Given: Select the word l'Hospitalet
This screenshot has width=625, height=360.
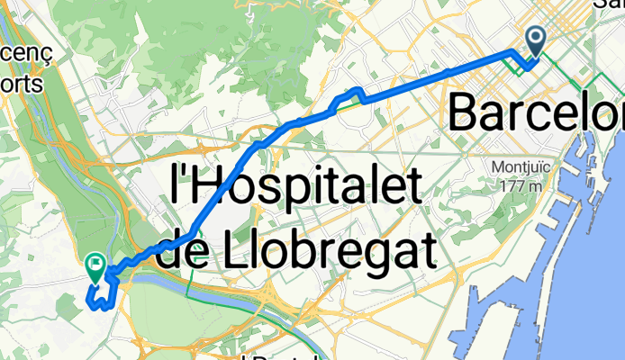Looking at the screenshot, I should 296,186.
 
